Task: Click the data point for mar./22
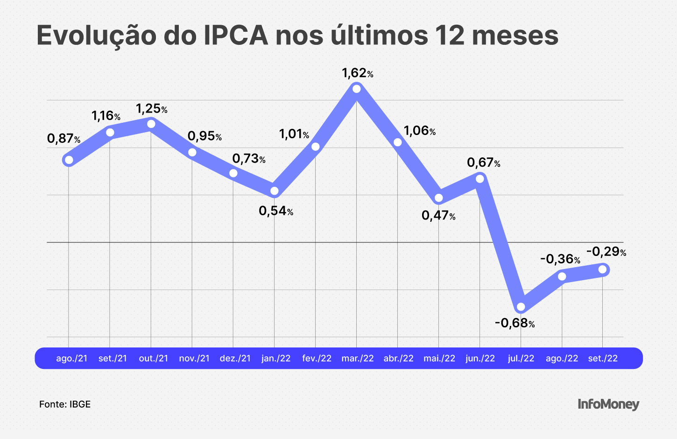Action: pos(357,89)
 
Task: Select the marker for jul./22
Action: pos(521,307)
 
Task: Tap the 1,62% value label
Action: pos(357,73)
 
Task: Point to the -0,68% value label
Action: pos(515,323)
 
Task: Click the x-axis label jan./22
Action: pos(276,358)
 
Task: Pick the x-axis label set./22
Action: pos(603,358)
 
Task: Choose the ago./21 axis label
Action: pos(71,358)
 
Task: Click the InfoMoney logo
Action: pos(608,404)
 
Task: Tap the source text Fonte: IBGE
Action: pos(65,404)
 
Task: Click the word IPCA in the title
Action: pos(236,35)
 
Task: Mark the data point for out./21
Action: pos(151,124)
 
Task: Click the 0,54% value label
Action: pos(276,211)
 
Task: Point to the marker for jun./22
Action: pos(480,178)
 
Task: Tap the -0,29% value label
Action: pos(606,252)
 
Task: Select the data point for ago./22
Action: pos(562,276)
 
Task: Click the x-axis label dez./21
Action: pos(235,358)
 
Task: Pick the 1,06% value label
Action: pos(419,131)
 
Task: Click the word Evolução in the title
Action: pos(96,35)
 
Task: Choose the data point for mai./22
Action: pos(439,198)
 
